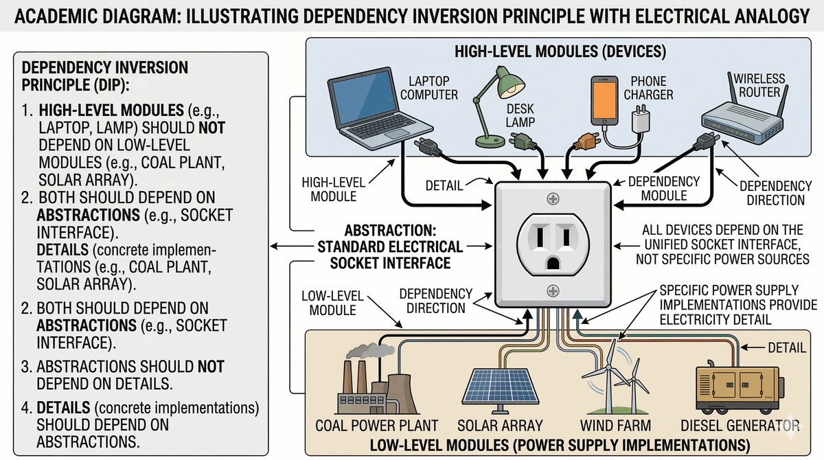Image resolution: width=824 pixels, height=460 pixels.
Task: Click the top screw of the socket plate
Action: point(553,198)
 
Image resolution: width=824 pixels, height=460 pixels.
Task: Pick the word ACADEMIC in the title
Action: point(58,15)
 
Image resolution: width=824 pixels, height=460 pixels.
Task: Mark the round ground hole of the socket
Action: point(553,264)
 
